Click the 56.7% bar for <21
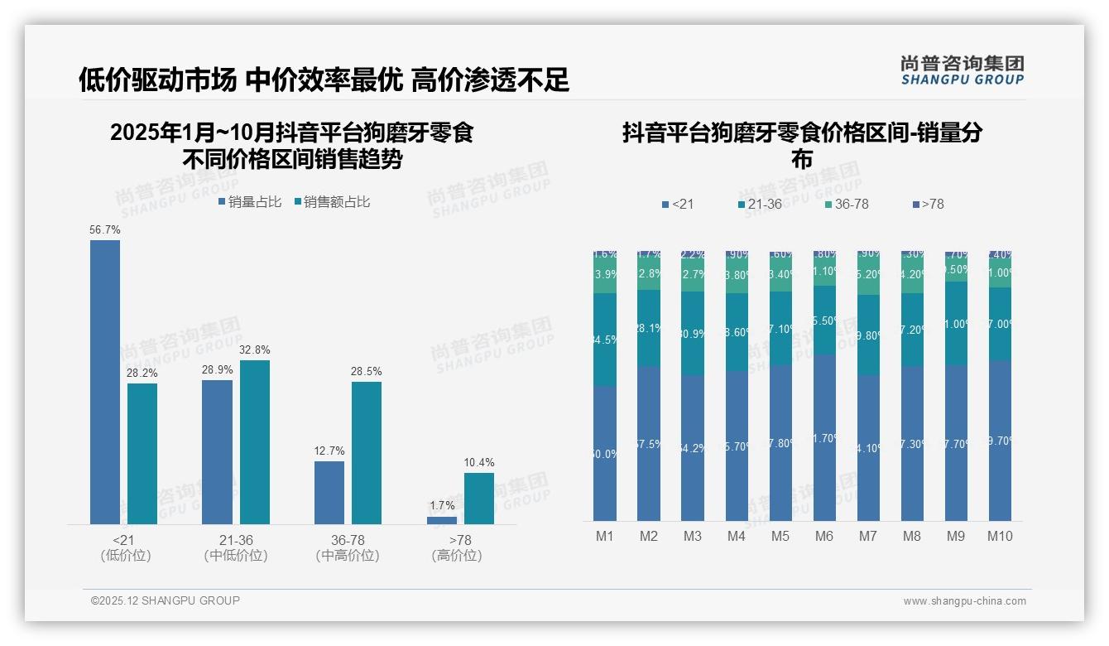105,382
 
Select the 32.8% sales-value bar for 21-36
255,441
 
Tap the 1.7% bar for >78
442,520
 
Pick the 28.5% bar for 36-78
367,452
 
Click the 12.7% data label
329,451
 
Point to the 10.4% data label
479,463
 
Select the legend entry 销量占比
250,202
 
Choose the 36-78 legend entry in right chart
847,204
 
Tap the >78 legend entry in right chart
928,204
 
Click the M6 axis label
824,536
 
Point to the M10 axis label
1000,536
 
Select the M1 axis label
605,536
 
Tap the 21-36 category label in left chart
236,540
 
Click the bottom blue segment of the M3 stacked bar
693,447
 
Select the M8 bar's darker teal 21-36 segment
912,330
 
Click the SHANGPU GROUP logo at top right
963,70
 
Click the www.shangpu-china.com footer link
964,601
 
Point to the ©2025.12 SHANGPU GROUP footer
166,600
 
